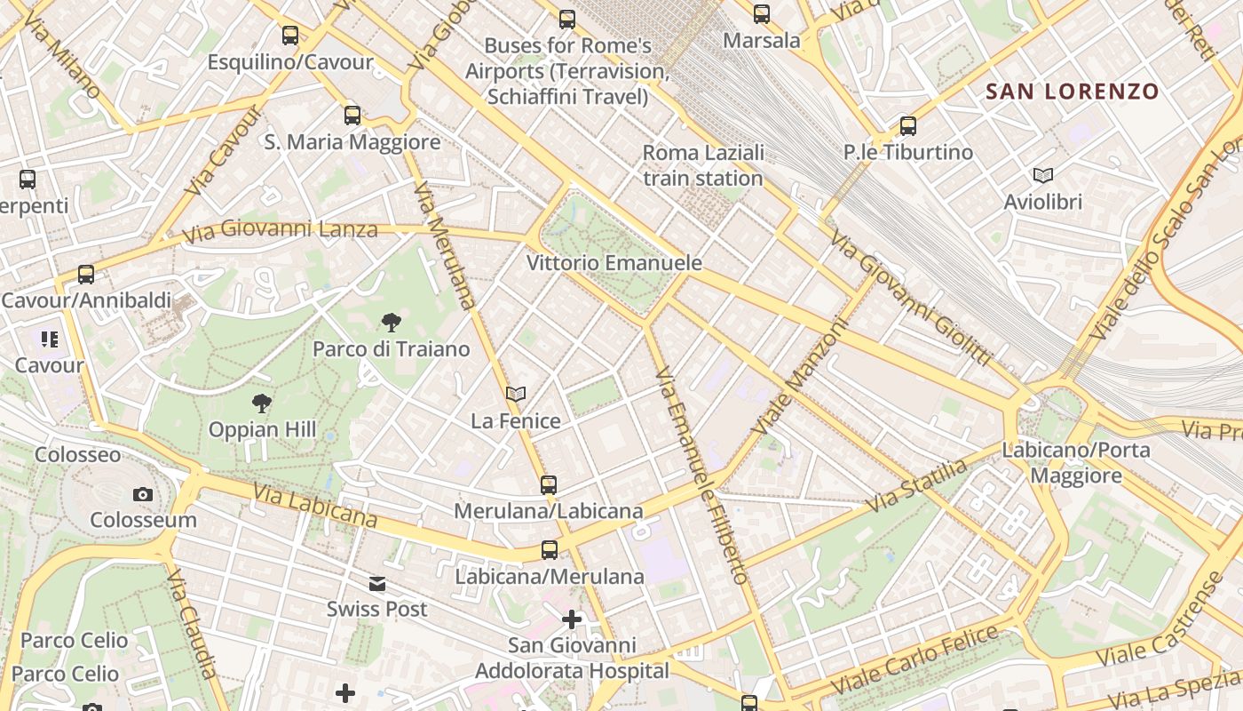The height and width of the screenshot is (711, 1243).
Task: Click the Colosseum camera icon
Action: (x=142, y=494)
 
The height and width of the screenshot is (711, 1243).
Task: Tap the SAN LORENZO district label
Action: (x=1073, y=92)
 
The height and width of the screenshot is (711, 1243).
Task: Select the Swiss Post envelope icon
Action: (x=377, y=584)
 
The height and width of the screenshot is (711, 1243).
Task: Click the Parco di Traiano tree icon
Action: (x=391, y=323)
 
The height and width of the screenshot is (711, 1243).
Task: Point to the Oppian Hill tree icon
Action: (x=261, y=404)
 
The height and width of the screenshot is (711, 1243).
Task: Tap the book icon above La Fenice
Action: (x=515, y=394)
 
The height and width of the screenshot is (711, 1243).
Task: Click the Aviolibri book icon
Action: (x=1043, y=176)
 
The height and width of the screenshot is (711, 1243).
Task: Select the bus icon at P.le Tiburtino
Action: (x=907, y=126)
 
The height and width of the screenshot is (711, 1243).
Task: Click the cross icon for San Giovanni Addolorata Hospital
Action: (x=572, y=619)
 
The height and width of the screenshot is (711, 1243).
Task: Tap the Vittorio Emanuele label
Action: (x=614, y=263)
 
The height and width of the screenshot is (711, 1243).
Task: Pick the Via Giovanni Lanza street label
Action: (x=280, y=231)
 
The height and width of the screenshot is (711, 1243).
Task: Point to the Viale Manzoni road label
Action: (x=800, y=378)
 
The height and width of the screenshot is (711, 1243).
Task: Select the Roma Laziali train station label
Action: (x=702, y=165)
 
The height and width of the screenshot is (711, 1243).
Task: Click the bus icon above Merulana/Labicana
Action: (x=549, y=484)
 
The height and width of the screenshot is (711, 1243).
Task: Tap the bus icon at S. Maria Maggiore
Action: (x=352, y=115)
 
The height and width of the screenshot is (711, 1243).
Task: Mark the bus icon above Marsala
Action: (x=761, y=14)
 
